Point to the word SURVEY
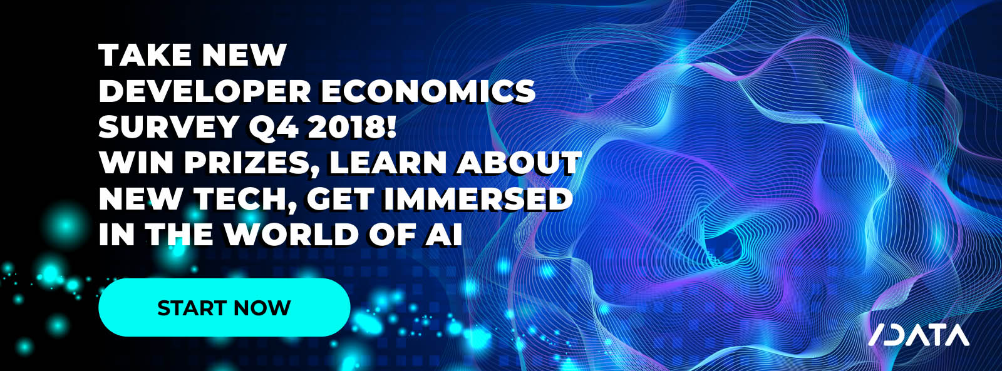click(168, 127)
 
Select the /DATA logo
click(919, 335)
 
